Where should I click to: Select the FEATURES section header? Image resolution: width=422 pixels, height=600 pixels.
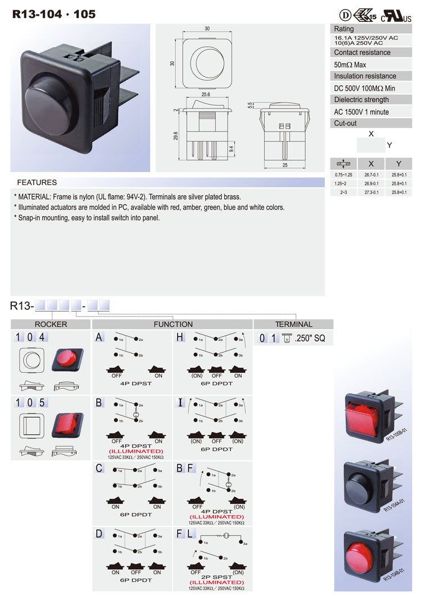tap(37, 182)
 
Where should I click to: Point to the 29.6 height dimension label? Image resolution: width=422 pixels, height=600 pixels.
tap(176, 136)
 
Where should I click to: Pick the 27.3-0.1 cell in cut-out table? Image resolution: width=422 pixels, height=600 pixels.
tap(371, 192)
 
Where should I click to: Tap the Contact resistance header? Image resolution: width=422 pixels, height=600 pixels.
tap(362, 52)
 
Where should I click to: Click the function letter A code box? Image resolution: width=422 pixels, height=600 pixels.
tap(99, 337)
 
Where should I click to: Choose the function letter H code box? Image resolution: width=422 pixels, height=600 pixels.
tap(180, 337)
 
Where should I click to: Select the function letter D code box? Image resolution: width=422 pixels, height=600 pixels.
tap(99, 533)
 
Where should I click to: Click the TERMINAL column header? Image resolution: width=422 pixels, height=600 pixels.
tap(293, 324)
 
